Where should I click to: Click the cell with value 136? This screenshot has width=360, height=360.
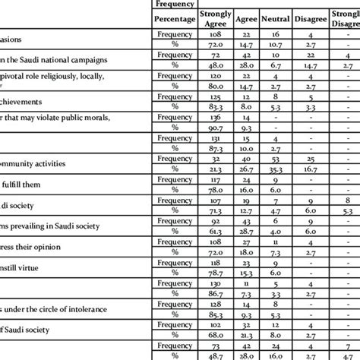(x=216, y=118)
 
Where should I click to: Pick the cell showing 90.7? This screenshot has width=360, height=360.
(x=216, y=129)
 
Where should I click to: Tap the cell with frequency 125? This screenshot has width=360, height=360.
(x=216, y=97)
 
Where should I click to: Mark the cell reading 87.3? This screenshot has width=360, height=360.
(x=216, y=150)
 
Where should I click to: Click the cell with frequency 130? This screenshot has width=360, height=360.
(x=216, y=284)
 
